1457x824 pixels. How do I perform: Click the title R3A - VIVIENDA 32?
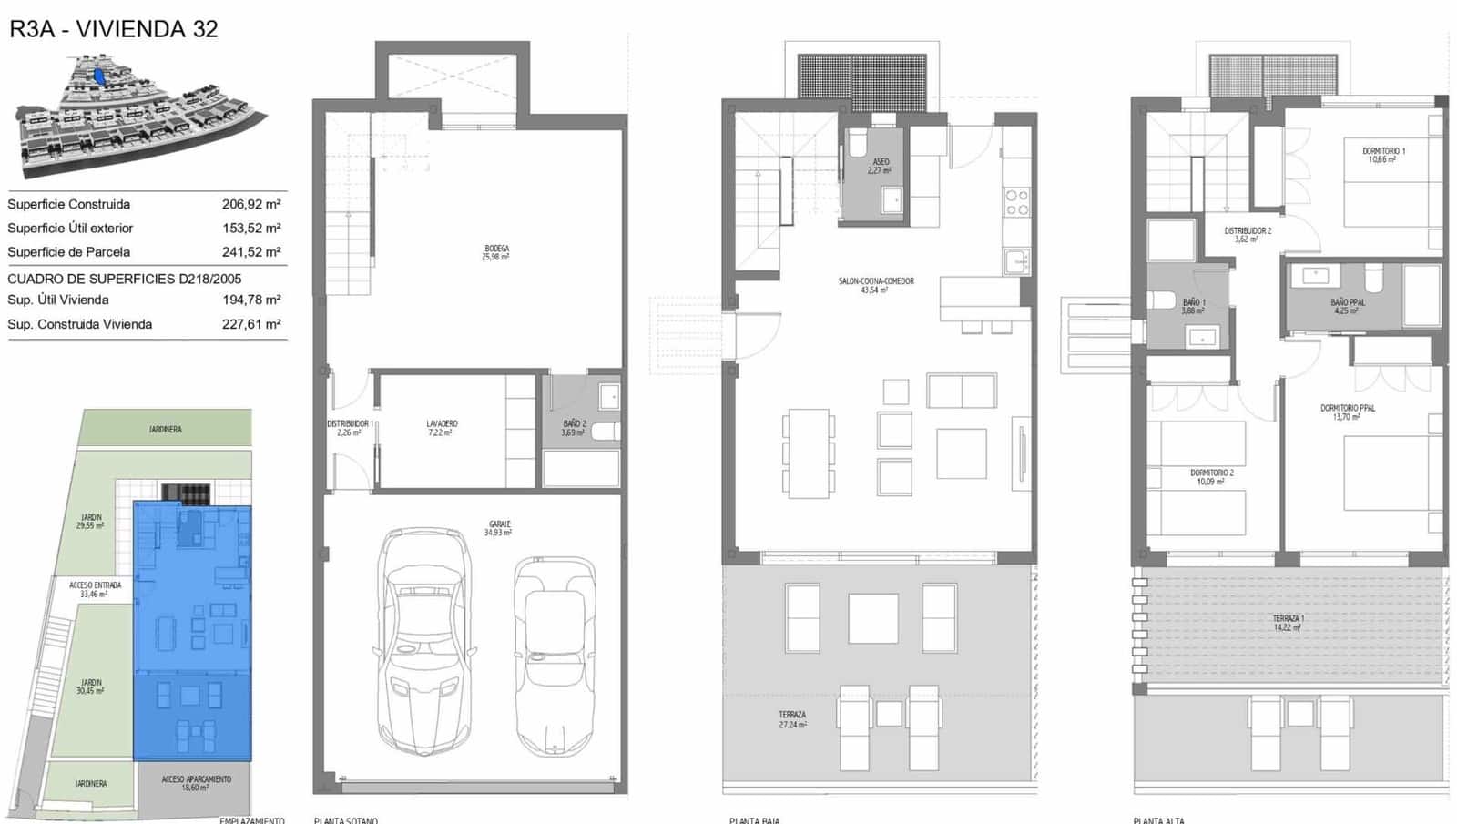coord(114,29)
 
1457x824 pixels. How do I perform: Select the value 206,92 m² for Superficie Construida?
coord(251,205)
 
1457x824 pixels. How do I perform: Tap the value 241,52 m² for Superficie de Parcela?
coord(251,252)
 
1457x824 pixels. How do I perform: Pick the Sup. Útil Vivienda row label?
coord(58,300)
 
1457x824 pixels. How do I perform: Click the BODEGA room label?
coord(496,252)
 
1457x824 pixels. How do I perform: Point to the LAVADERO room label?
coord(442,428)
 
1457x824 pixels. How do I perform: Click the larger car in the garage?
coord(425,642)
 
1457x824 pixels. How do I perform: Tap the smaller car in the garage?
coord(554,656)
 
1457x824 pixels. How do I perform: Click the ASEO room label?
coord(880,166)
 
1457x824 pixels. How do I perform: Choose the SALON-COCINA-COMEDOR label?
coord(875,285)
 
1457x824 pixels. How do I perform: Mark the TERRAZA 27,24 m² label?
coord(791,719)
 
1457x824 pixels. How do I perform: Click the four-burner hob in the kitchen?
coord(1016,202)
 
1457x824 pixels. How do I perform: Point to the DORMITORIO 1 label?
coord(1383,155)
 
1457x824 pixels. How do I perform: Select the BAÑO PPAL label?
coord(1347,306)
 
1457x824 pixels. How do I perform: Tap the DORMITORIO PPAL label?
coord(1348,412)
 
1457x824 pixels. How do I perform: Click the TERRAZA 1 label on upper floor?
coord(1289,623)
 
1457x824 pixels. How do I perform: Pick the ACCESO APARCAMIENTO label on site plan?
coord(196,783)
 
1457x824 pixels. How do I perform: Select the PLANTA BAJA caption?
coord(755,819)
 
